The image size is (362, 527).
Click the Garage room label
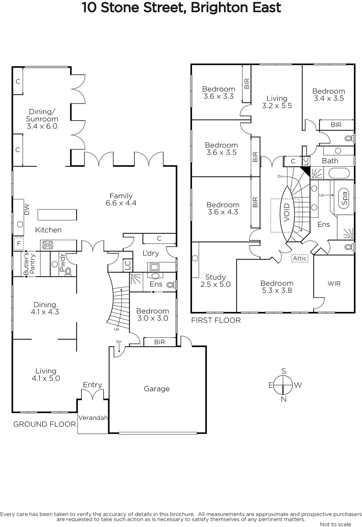coord(157,389)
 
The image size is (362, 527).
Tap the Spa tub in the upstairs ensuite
coord(344,198)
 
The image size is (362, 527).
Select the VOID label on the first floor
coord(286,212)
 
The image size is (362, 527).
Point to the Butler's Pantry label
coord(29,263)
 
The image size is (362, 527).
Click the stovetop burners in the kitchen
coord(48,245)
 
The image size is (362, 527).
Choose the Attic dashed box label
coord(300,258)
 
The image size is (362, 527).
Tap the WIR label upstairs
coord(334,284)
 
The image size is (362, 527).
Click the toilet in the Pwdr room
coord(68,271)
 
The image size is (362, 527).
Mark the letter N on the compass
coord(284,399)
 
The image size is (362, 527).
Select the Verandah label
coord(93,418)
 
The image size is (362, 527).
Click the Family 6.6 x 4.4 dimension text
coord(121,203)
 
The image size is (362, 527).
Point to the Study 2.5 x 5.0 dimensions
coord(215,284)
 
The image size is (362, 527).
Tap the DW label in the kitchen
coord(27,209)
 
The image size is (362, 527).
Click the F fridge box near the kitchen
coord(19,244)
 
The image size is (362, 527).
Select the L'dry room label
coord(151,253)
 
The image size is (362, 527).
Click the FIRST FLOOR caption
coord(216,320)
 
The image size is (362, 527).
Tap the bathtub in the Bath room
coord(339,173)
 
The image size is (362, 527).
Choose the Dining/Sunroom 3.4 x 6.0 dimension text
coord(42,126)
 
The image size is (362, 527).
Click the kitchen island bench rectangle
coord(57,214)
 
